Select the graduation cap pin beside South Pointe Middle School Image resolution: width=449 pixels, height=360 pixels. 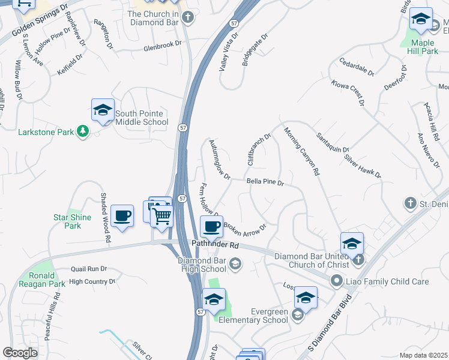pos(103,110)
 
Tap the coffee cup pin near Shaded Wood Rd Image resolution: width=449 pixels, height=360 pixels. pos(122,216)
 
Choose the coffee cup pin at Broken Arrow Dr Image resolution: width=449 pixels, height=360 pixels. pos(211,227)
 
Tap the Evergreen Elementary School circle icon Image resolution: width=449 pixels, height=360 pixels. pos(297,314)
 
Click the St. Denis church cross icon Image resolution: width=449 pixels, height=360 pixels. pos(411,203)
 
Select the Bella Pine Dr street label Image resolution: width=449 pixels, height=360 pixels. pos(265,181)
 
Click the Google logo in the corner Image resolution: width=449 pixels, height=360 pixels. pos(20,353)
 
